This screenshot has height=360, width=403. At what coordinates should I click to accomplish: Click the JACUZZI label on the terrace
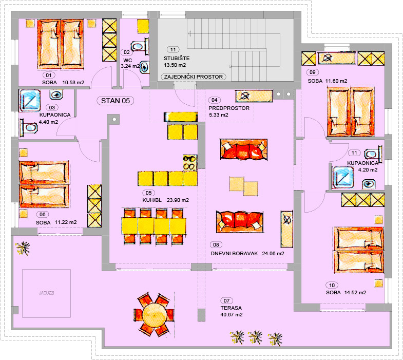pos(47,293)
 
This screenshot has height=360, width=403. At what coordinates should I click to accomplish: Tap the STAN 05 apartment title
pos(116,101)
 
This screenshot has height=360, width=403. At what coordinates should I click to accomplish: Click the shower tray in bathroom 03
pos(30,101)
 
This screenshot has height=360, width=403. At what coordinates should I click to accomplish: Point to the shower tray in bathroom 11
pos(343,177)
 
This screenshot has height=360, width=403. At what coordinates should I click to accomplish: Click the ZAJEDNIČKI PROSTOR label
pos(194,77)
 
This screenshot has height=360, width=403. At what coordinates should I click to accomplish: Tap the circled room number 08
pos(216,245)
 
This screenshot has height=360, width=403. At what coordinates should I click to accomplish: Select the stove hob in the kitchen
pos(190,162)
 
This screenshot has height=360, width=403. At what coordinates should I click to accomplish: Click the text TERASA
pos(231,308)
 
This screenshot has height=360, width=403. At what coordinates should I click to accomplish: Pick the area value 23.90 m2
pos(178,200)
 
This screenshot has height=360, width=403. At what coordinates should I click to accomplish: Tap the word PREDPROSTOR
pos(229,108)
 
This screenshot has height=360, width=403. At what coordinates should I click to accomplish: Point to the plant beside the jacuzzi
pos(23,248)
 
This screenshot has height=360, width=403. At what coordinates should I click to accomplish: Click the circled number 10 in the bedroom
pos(332,285)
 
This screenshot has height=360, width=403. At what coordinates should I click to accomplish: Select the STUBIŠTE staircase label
pos(177,59)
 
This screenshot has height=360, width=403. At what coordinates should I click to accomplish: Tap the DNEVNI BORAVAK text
pos(234,254)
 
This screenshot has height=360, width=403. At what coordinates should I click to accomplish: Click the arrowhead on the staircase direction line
pos(189,34)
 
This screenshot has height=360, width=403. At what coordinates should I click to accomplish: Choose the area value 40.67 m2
pos(232,315)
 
